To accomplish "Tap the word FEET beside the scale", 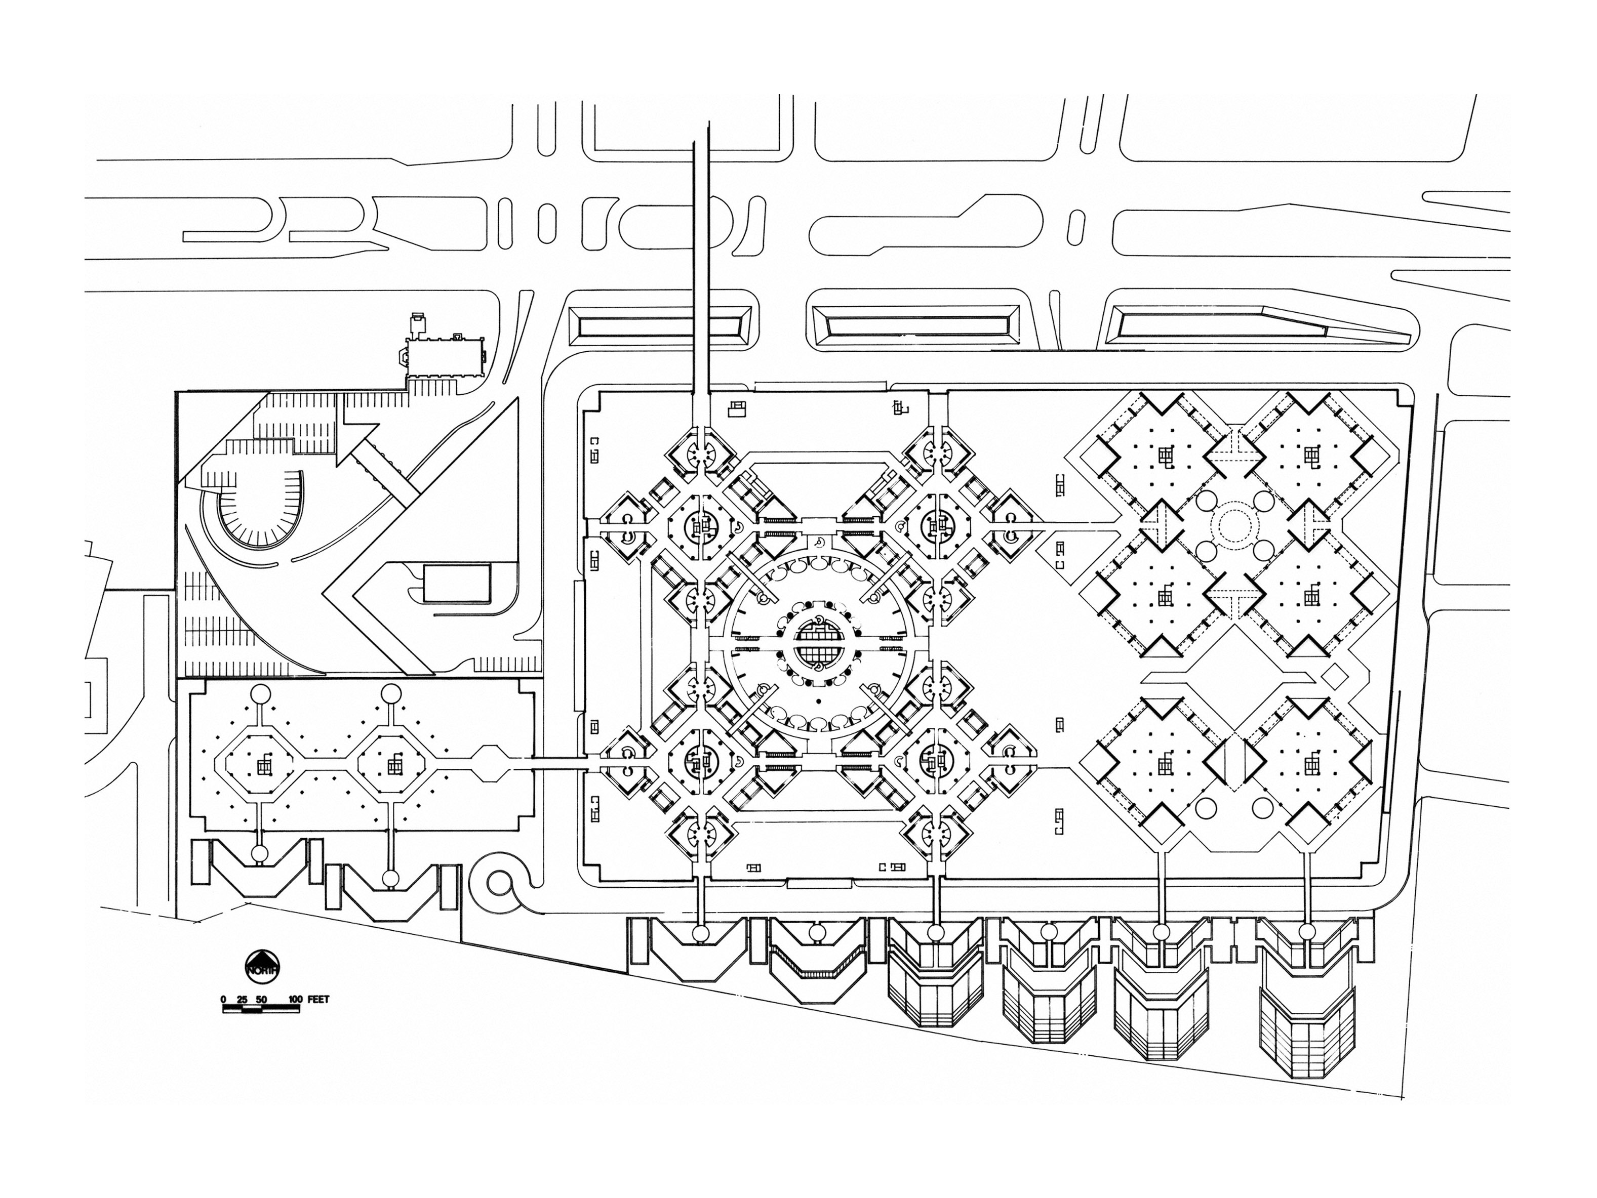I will click(x=318, y=1000).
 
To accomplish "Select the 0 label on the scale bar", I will click(x=224, y=1000).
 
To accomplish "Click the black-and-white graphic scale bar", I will click(x=260, y=1009).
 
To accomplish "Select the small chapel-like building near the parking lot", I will click(x=442, y=355).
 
